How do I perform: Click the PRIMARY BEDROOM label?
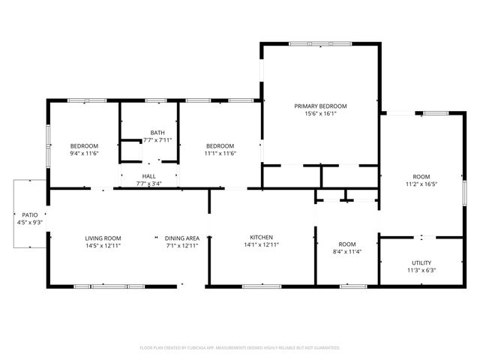320,106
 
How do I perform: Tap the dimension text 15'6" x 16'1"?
320,114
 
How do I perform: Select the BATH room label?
157,132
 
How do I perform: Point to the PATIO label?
29,214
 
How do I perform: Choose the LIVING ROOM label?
103,238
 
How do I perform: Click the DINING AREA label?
182,238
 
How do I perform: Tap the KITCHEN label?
261,237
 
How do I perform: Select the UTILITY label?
420,262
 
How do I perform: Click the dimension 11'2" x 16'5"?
421,184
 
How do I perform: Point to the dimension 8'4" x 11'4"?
346,252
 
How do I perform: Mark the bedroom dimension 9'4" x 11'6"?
84,154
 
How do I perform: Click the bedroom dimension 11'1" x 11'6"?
220,154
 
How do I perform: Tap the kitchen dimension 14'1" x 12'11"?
261,245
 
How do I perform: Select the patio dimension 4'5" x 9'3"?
29,222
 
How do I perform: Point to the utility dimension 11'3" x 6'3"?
420,270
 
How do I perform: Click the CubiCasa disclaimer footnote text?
240,348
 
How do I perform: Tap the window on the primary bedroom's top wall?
321,44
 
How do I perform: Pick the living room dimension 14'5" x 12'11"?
103,245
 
